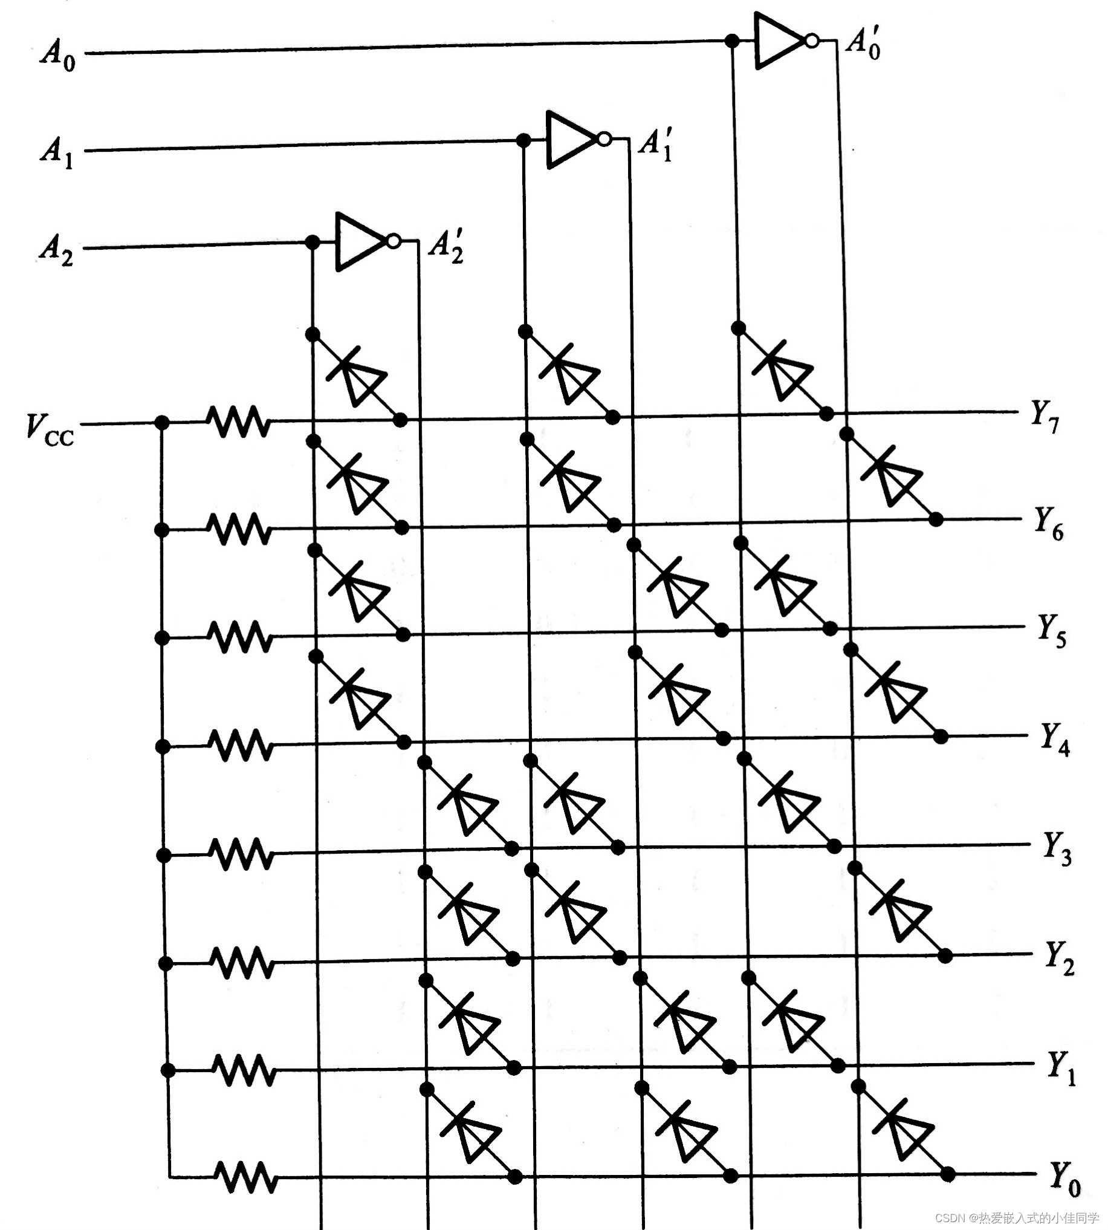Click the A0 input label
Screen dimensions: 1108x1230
pyautogui.click(x=59, y=56)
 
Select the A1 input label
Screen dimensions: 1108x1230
pyautogui.click(x=57, y=152)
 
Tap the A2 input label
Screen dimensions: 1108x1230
pyautogui.click(x=57, y=250)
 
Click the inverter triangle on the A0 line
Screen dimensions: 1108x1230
pyautogui.click(x=779, y=41)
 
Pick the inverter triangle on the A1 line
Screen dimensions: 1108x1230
pyautogui.click(x=571, y=140)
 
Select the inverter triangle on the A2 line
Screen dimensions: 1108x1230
pyautogui.click(x=360, y=242)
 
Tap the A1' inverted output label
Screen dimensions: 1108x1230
pyautogui.click(x=656, y=145)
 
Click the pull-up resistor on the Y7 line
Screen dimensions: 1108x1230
pyautogui.click(x=238, y=421)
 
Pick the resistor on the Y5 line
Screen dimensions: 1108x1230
pyautogui.click(x=240, y=637)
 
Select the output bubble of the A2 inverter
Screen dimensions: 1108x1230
pyautogui.click(x=394, y=242)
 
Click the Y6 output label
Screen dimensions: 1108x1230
pyautogui.click(x=1049, y=523)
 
